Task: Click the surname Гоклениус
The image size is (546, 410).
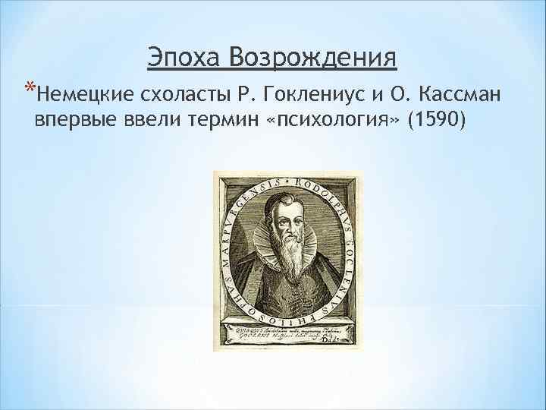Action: click(303, 94)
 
